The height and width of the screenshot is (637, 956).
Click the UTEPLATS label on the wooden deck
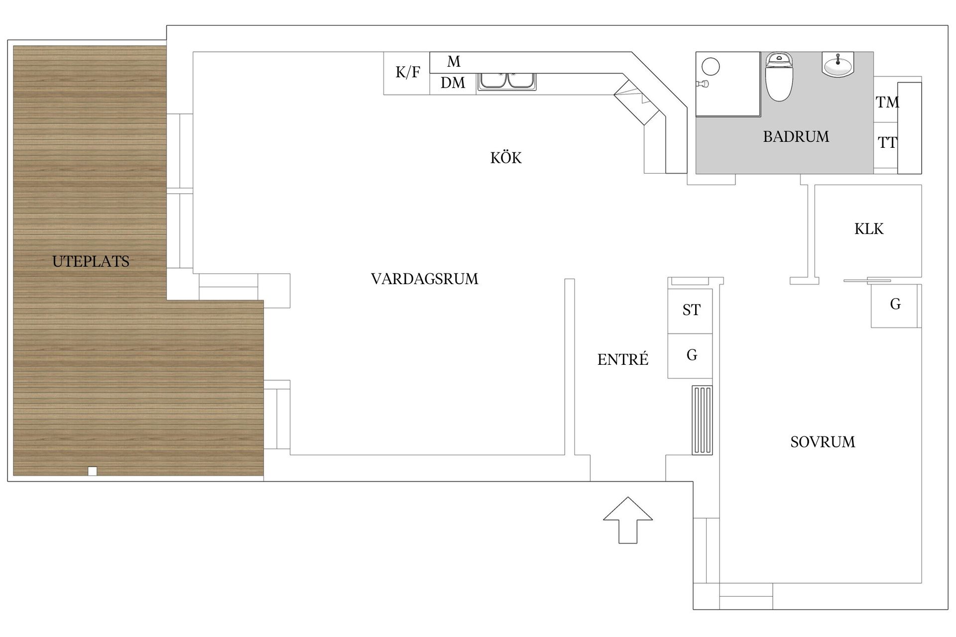[x=91, y=261]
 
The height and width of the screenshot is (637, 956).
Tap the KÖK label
[x=506, y=158]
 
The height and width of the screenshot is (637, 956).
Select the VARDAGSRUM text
[x=424, y=279]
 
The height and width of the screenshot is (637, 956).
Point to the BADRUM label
[x=796, y=136]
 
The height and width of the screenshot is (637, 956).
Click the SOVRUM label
[x=823, y=442]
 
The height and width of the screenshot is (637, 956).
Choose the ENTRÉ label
[x=622, y=359]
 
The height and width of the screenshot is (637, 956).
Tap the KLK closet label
[x=869, y=229]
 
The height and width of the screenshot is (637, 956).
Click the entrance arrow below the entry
[x=627, y=520]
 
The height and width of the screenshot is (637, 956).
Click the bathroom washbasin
[x=838, y=65]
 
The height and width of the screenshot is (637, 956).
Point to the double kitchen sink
[x=507, y=81]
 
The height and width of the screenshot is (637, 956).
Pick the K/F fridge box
[x=407, y=73]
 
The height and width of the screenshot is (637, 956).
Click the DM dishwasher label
[x=453, y=83]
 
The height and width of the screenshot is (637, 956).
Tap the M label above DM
[x=454, y=62]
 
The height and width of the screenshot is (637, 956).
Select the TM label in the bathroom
[x=887, y=102]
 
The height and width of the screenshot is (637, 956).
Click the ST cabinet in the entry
[x=691, y=311]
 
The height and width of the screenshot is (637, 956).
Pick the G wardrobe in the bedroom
[x=895, y=305]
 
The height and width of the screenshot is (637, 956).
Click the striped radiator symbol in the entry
[x=702, y=420]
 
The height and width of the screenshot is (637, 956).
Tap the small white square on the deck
[x=92, y=471]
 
